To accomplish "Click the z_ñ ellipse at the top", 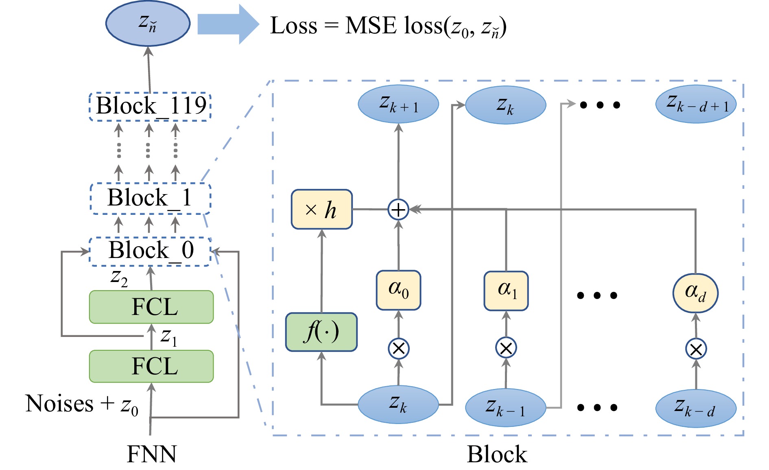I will [148, 23].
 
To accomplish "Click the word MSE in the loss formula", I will [371, 26].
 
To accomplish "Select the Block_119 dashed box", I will [150, 107].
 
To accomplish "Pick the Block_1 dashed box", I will [150, 199].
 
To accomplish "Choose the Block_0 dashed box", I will [150, 251].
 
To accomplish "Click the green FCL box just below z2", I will [151, 307].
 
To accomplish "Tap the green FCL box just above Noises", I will [151, 366].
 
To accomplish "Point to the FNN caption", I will [151, 454].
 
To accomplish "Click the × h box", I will [321, 210].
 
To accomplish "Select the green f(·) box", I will [321, 332].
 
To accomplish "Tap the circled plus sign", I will [398, 210].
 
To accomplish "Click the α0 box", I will [398, 290].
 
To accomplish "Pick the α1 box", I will [506, 291].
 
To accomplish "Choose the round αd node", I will [695, 293].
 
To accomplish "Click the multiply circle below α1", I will [506, 348].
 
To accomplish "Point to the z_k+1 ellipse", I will [398, 104].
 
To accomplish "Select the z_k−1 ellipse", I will [505, 407].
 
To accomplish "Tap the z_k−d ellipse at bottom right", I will [695, 408].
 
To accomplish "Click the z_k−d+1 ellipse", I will [695, 104].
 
